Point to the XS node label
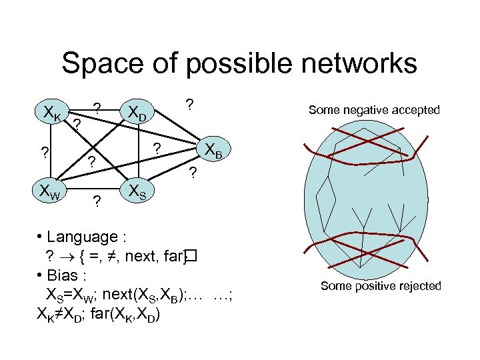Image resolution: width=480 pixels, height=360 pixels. coord(140,193)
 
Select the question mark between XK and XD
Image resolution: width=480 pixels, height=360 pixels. coord(97,108)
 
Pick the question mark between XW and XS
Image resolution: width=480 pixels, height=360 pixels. coord(97,201)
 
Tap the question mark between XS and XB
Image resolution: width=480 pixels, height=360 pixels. coord(192,175)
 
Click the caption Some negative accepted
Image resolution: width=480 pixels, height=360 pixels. coord(374,110)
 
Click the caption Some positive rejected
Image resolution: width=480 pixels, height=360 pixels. coord(381,286)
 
